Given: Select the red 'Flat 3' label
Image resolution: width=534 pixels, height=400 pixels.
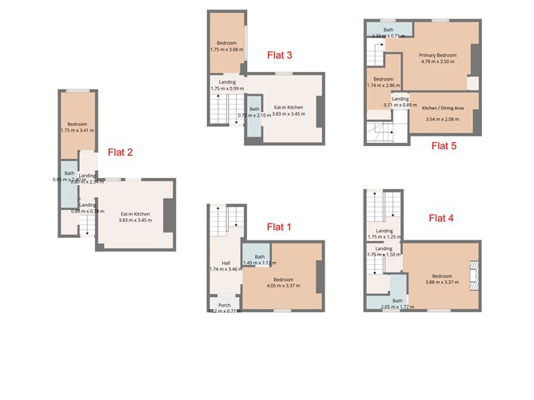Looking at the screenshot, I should [279, 55].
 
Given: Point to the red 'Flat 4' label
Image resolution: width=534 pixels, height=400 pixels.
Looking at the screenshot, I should [440, 217].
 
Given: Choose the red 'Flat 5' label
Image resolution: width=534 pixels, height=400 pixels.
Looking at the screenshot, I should [444, 145].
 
